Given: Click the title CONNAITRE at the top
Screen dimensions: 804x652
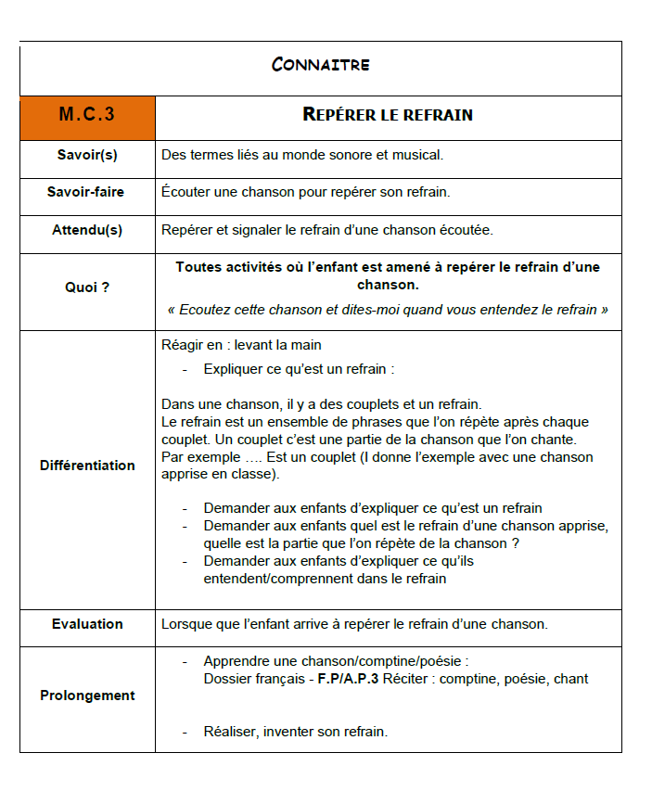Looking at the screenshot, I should tap(321, 65).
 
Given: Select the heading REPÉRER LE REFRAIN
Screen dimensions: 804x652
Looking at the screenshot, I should tap(388, 115).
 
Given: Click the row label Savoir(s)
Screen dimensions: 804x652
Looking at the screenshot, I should tap(87, 155).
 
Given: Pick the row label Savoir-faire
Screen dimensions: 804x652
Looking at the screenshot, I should tap(86, 192).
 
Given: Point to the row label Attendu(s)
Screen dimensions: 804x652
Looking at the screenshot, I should tap(87, 230).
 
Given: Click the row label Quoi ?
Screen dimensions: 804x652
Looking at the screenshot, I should tap(87, 287).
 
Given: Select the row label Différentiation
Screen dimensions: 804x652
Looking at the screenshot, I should tap(87, 466).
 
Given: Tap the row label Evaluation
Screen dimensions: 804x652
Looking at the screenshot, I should tap(87, 624).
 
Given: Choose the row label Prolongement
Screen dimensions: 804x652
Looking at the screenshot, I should tap(87, 696).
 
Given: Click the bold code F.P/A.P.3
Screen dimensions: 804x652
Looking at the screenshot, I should tap(342, 679).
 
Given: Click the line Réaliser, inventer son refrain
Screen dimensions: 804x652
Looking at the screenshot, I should tap(295, 732).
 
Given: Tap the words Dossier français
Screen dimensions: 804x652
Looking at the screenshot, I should tap(249, 679).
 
